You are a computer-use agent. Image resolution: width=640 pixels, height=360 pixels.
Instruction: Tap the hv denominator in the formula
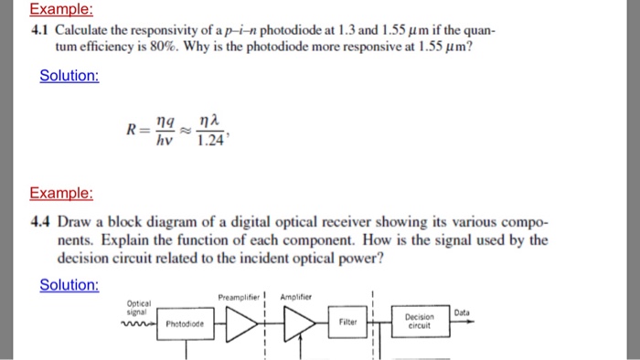click(164, 141)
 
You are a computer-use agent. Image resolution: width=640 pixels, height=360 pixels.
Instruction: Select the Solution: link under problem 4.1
click(69, 75)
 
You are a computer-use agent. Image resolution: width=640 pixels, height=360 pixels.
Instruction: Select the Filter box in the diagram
click(347, 323)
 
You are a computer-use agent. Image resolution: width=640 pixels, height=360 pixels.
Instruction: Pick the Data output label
click(461, 312)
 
